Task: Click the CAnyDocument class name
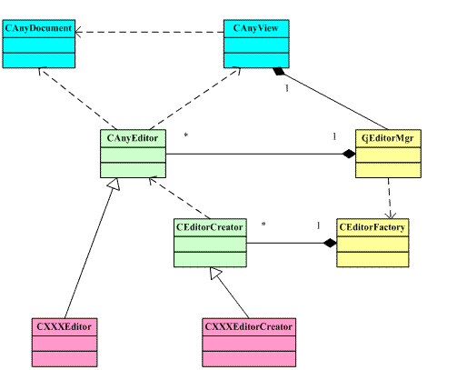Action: (x=38, y=28)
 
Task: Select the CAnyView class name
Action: (x=256, y=28)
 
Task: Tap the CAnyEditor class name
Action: (x=133, y=138)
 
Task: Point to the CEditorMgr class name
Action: (x=388, y=138)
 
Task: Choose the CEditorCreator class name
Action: (x=210, y=227)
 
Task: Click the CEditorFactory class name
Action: (x=373, y=227)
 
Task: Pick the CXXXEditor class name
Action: (x=64, y=326)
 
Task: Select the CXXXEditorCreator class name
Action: (x=249, y=326)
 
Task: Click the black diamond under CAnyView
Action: (x=279, y=71)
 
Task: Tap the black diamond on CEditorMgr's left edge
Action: (x=349, y=154)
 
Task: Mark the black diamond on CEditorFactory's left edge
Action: (x=330, y=243)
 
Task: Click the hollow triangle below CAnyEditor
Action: (x=114, y=185)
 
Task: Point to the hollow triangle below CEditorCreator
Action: (x=216, y=273)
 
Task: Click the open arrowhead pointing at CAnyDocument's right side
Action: (x=78, y=32)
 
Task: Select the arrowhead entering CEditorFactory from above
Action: (x=391, y=215)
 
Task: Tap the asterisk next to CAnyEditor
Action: (x=186, y=135)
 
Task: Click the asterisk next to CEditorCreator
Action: (x=263, y=225)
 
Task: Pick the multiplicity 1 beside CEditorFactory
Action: (x=318, y=225)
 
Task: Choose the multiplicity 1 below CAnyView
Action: (x=287, y=88)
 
